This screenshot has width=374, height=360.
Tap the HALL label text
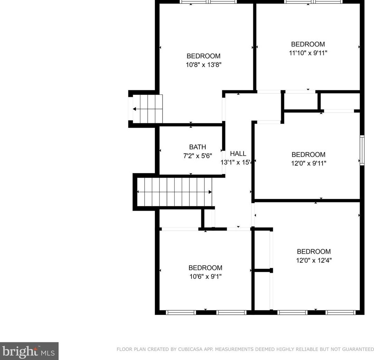coord(238,154)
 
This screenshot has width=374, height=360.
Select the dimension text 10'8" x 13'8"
coord(203,65)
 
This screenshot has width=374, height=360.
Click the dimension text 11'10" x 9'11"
coord(308,53)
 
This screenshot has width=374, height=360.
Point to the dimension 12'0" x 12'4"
coord(314,260)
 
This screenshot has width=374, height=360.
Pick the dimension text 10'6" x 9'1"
coord(205,277)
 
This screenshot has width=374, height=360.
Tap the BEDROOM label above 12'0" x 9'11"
coord(308,154)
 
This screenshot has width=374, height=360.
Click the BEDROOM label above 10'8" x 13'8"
coord(203,56)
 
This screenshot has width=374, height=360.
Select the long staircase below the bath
coord(175,192)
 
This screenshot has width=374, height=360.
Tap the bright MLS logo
coord(29,351)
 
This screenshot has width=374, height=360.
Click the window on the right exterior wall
coord(362,150)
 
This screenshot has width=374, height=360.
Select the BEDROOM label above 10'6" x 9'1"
coord(205,268)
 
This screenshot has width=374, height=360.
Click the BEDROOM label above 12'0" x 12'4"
coord(314,251)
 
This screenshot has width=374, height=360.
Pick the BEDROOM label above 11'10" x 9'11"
coord(308,44)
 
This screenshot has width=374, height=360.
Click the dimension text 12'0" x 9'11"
coord(308,163)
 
